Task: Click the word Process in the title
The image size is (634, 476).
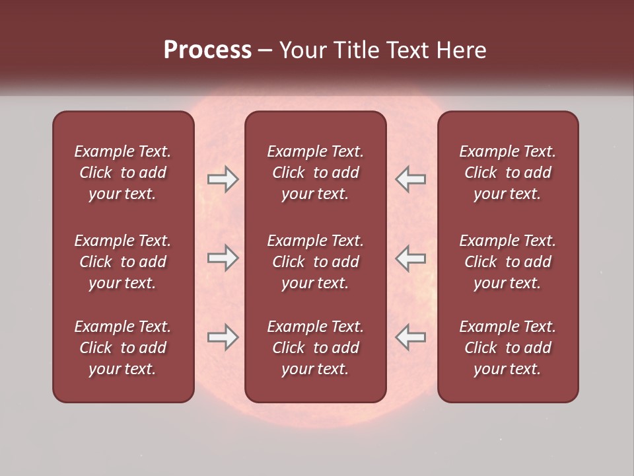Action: [x=207, y=50]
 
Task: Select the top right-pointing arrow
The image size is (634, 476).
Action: [x=223, y=179]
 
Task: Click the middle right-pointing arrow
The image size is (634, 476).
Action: [x=223, y=258]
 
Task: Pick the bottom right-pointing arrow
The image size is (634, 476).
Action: [x=223, y=337]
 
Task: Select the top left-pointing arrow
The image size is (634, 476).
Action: [x=410, y=179]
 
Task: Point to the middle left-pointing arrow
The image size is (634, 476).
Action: [x=410, y=258]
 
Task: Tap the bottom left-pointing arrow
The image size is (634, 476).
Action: [x=410, y=337]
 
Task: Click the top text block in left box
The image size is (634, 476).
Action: [x=123, y=173]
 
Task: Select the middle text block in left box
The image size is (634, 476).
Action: [x=123, y=262]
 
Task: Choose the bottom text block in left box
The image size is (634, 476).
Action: [x=123, y=348]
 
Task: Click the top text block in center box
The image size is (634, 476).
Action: [x=315, y=173]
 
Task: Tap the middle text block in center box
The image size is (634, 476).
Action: [x=315, y=262]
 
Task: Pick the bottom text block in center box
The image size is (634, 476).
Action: [x=315, y=348]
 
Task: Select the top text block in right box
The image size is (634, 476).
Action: [x=507, y=173]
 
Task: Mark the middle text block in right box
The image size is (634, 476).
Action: [x=507, y=262]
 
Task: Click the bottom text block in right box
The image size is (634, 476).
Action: [x=507, y=348]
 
